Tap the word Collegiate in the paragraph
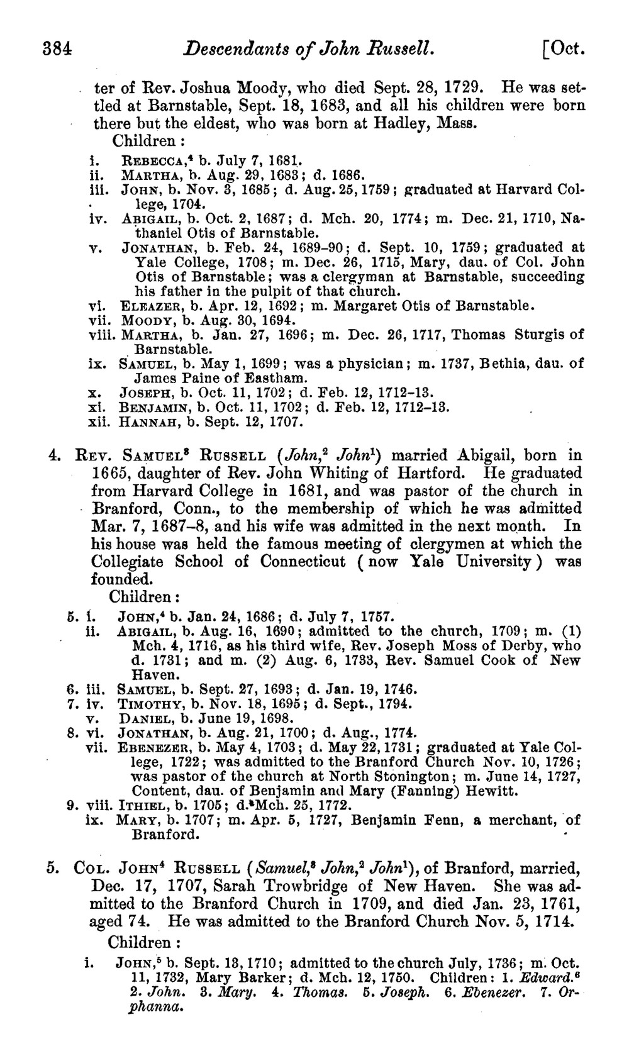[x=128, y=561]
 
